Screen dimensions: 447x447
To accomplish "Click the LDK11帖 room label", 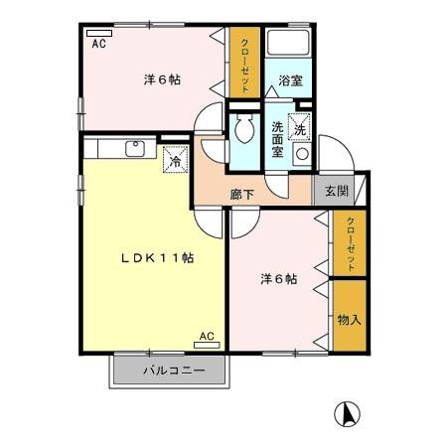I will pos(157,257).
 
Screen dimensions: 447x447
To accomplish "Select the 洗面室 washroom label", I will pos(278,138).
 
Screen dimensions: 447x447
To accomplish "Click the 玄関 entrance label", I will pos(336,191).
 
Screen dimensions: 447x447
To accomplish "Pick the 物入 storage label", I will pos(348,320).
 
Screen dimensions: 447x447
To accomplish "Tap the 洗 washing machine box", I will pos(300,127).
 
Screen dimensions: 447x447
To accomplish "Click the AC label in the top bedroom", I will pos(99,43).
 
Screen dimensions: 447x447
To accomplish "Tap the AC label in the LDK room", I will pos(206,338).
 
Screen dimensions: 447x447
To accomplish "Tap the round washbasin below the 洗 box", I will pos(300,155).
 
